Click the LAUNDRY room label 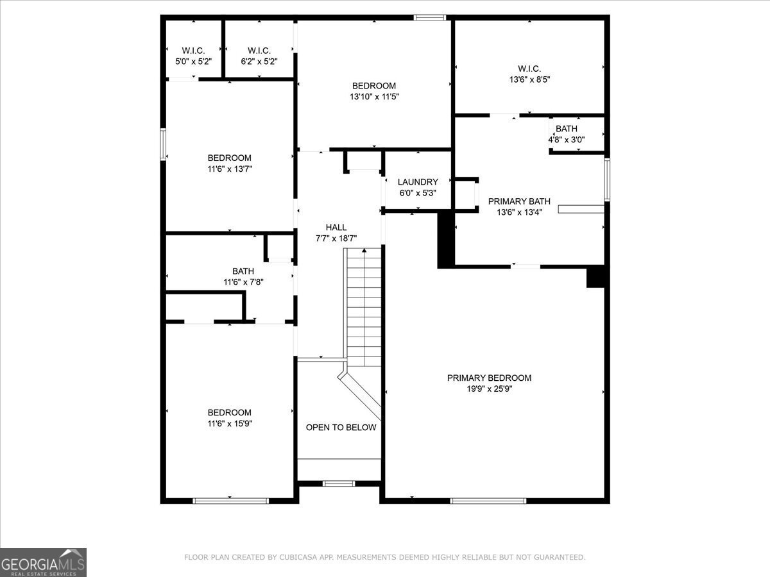pyautogui.click(x=418, y=182)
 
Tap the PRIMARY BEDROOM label pyautogui.click(x=489, y=378)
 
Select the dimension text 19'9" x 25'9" pyautogui.click(x=489, y=389)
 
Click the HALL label pyautogui.click(x=336, y=227)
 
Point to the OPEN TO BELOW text pyautogui.click(x=341, y=428)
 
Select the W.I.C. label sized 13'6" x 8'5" pyautogui.click(x=529, y=69)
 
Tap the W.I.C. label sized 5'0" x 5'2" pyautogui.click(x=193, y=51)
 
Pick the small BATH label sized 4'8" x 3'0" pyautogui.click(x=566, y=129)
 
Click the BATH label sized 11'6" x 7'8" pyautogui.click(x=243, y=271)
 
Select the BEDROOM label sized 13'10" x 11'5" pyautogui.click(x=374, y=86)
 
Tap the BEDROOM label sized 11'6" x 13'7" pyautogui.click(x=229, y=158)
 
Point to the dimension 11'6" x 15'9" pyautogui.click(x=229, y=424)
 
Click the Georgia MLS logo pyautogui.click(x=43, y=562)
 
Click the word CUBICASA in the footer pyautogui.click(x=298, y=558)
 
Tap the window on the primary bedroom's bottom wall pyautogui.click(x=488, y=501)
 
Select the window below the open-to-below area pyautogui.click(x=338, y=483)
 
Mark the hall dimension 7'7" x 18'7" pyautogui.click(x=336, y=238)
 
